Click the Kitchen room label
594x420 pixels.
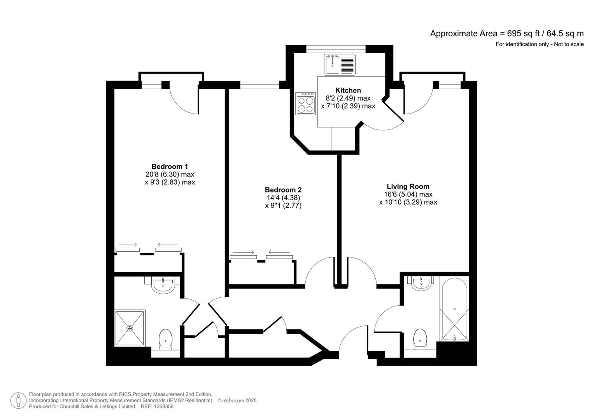click(348, 90)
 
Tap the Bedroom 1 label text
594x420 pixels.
click(170, 166)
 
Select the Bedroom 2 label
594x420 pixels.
click(283, 190)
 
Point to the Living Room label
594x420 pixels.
click(408, 186)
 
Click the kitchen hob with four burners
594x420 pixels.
click(305, 103)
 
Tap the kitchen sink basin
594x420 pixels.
click(333, 64)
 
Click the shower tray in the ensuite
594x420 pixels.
click(130, 328)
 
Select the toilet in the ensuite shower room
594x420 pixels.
click(166, 339)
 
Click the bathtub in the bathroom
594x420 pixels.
click(454, 309)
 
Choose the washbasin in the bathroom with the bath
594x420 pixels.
click(422, 283)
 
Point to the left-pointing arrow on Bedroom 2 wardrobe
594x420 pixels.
click(279, 253)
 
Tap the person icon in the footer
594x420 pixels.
click(18, 401)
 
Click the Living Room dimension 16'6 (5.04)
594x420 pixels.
click(408, 194)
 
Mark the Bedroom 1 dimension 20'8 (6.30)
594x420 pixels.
click(170, 175)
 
